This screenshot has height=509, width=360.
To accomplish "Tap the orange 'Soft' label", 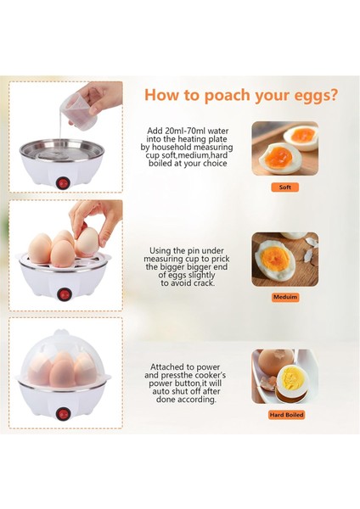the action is tap(285, 187).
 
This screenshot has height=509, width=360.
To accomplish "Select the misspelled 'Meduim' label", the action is tap(285, 297).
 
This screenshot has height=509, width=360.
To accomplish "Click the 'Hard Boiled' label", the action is tap(286, 415).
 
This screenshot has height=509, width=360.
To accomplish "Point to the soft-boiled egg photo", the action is tap(285, 148).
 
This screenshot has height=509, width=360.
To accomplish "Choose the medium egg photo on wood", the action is tap(285, 259).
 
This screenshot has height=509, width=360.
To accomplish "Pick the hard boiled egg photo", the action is tap(285, 376).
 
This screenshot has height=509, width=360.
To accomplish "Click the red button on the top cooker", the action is tap(63, 183).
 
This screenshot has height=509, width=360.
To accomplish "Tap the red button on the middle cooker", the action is tap(64, 294).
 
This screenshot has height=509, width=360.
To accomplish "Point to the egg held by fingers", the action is tap(87, 242).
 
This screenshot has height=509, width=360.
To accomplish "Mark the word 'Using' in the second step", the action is tap(161, 251).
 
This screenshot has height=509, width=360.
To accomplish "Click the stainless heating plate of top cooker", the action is tap(62, 151).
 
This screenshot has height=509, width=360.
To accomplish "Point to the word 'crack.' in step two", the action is tap(203, 283).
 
